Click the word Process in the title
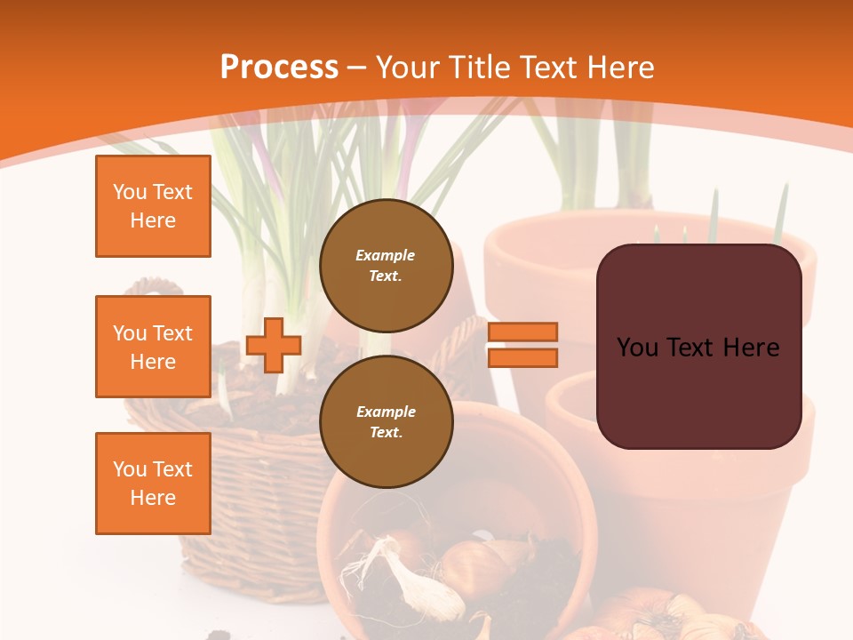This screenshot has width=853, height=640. pyautogui.click(x=279, y=68)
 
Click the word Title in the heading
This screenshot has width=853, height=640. pyautogui.click(x=478, y=68)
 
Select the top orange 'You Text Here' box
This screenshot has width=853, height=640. pyautogui.click(x=153, y=206)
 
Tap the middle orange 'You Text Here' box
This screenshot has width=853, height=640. pyautogui.click(x=153, y=347)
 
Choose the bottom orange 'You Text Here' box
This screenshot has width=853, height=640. pyautogui.click(x=153, y=484)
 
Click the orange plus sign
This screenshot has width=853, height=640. pyautogui.click(x=274, y=345)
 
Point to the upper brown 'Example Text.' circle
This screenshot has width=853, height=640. pyautogui.click(x=386, y=265)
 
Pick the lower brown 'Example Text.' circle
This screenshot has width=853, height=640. pyautogui.click(x=386, y=421)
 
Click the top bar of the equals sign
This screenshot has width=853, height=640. pyautogui.click(x=522, y=332)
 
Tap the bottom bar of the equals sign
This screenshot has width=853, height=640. pyautogui.click(x=522, y=357)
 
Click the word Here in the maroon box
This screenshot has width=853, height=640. pyautogui.click(x=751, y=348)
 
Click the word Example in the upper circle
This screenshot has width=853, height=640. pyautogui.click(x=386, y=255)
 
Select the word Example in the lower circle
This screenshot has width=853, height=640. pyautogui.click(x=386, y=412)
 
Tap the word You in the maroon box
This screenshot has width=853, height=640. pyautogui.click(x=637, y=348)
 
